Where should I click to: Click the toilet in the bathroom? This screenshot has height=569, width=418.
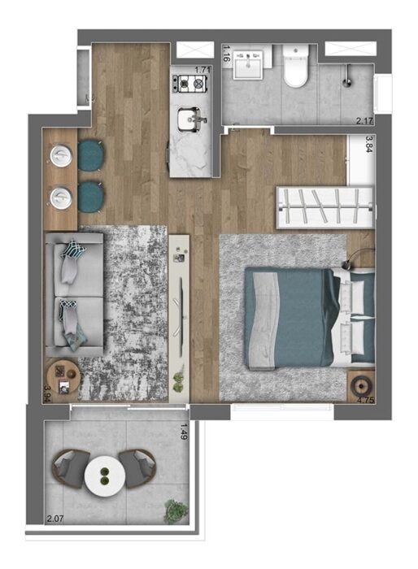(296, 66)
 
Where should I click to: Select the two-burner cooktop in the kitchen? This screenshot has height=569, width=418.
(189, 84)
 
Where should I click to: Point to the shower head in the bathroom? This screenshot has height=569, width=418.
(347, 77)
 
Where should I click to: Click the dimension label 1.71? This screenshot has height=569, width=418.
(202, 70)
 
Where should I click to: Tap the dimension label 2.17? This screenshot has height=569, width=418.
(364, 120)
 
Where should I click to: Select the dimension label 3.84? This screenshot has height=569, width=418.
(369, 144)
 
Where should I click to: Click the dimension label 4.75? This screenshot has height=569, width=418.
(366, 400)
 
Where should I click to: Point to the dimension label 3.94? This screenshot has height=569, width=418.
(47, 393)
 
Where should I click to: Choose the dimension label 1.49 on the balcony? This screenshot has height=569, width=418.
(185, 432)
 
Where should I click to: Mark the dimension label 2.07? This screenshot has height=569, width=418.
(54, 519)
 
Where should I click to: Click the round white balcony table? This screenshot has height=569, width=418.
(105, 476)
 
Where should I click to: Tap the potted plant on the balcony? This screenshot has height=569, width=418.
(176, 511)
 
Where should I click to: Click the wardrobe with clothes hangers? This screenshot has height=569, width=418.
(325, 208)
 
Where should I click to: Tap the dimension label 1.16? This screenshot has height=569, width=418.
(226, 53)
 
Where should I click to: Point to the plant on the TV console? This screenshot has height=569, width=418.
(178, 381)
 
